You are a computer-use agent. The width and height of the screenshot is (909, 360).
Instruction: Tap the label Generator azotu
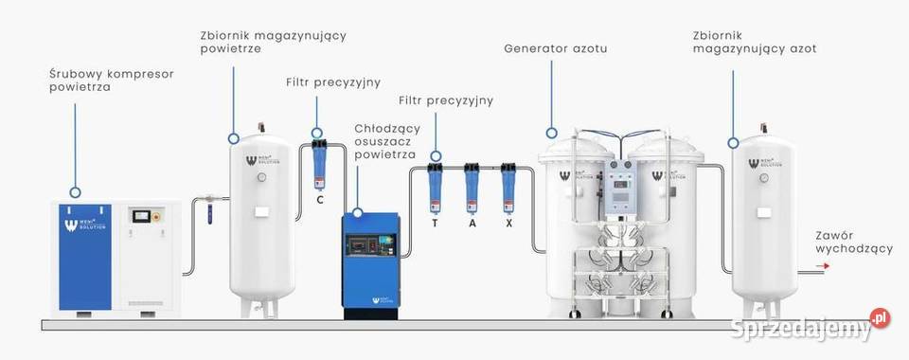pyautogui.click(x=555, y=47)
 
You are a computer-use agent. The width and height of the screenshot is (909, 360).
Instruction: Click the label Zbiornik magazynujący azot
pyautogui.click(x=754, y=41)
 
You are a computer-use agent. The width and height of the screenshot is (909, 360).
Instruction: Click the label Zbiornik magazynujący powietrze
pyautogui.click(x=273, y=42)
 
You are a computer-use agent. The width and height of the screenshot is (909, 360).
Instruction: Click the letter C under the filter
pyautogui.click(x=320, y=200)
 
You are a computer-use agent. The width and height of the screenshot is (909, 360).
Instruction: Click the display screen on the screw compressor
pyautogui.click(x=144, y=216)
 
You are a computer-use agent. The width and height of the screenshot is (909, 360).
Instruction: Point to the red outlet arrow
pyautogui.click(x=823, y=267)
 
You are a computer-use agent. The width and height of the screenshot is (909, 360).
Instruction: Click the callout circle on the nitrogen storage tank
pyautogui.click(x=733, y=142)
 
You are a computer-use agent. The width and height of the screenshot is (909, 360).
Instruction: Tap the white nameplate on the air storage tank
pyautogui.click(x=261, y=210)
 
